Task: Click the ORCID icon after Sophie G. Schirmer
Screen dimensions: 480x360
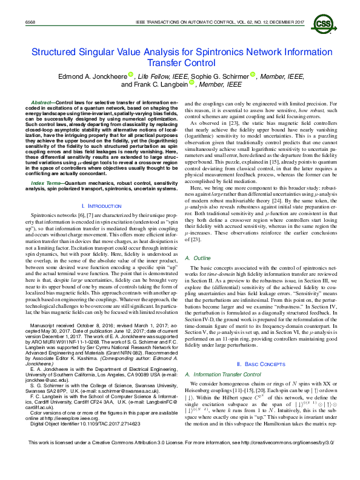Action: click(x=253, y=75)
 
